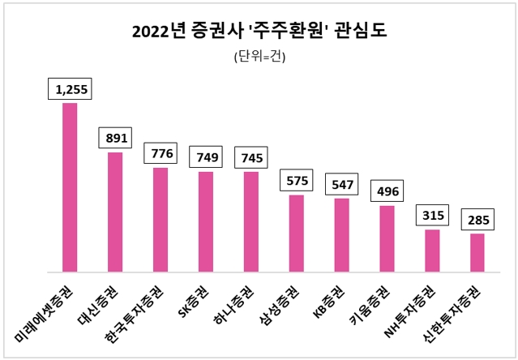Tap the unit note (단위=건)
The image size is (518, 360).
coord(259,57)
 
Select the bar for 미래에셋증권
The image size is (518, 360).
coord(70,187)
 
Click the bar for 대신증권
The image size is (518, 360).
coord(115,212)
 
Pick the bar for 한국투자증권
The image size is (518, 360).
coord(161,220)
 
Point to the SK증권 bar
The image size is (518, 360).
coord(206,221)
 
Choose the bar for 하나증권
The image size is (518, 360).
coord(251,221)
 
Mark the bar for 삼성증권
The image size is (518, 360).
coord(297,234)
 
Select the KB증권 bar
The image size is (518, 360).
coord(341,235)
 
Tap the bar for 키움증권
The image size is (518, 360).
coord(387,239)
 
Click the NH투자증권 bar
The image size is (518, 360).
coord(432,251)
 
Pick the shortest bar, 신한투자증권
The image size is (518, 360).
coord(477,253)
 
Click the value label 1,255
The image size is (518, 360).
coord(71,89)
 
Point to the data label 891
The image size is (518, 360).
coord(116,138)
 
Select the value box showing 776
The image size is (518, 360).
coord(161,154)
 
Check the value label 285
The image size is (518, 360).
coord(478,220)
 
